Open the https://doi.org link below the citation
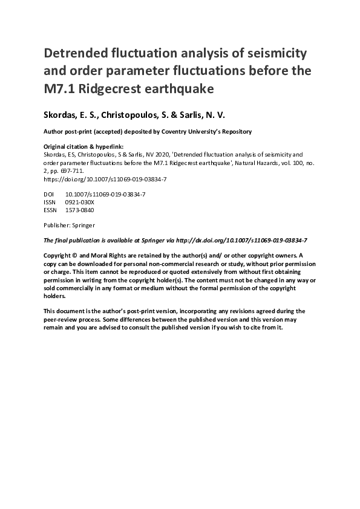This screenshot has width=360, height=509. click(x=105, y=180)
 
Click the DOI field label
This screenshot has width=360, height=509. click(x=50, y=193)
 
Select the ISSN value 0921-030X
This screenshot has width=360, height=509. click(x=79, y=202)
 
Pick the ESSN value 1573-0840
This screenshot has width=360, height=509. click(x=79, y=210)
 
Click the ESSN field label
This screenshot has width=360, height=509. click(x=51, y=210)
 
